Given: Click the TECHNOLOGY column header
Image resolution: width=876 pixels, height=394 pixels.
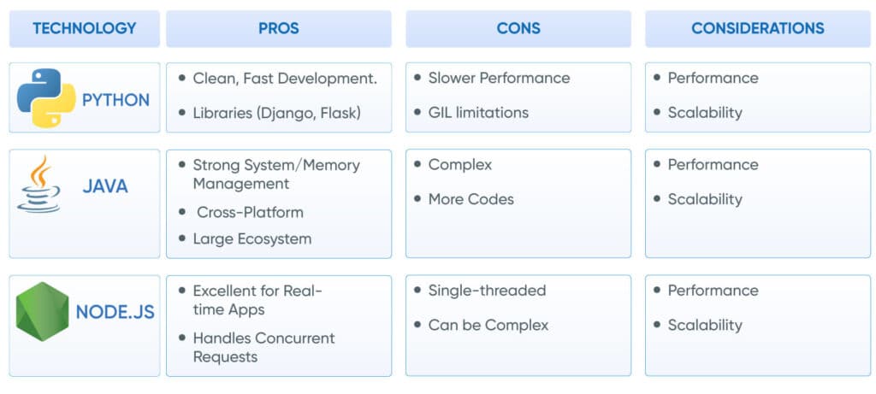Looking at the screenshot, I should pos(84,28).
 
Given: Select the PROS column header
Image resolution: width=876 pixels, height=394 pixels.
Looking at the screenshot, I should pos(278,28).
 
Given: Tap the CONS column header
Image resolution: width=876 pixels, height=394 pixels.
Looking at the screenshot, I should pos(518,28).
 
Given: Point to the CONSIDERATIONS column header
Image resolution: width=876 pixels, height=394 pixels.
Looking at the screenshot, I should pos(757,28).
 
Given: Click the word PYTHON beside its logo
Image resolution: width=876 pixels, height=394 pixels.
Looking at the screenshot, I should pos(115,99).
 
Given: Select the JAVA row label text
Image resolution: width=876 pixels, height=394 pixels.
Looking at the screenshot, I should pos(105,185).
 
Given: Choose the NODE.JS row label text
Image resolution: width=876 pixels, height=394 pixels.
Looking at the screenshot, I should pos(115,312).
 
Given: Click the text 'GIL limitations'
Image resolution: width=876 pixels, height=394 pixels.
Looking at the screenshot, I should pos(478,113).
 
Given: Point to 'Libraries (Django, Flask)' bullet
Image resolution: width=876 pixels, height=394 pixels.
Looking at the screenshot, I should pos(276,113).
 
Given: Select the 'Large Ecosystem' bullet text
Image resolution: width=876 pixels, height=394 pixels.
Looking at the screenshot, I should pos(252,238).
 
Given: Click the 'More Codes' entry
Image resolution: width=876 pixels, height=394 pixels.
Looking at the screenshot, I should pos(471,199).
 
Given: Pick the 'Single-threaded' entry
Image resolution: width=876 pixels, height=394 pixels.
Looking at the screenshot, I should pos(487,291).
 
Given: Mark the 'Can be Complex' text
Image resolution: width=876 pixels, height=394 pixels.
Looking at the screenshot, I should pos(488,325).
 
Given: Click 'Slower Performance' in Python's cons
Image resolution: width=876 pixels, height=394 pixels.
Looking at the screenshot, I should pos(499,78).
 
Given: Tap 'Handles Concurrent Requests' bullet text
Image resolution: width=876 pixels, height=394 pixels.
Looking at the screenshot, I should pos(263,347).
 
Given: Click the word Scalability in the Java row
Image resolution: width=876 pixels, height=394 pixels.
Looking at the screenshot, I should pos(705,199).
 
